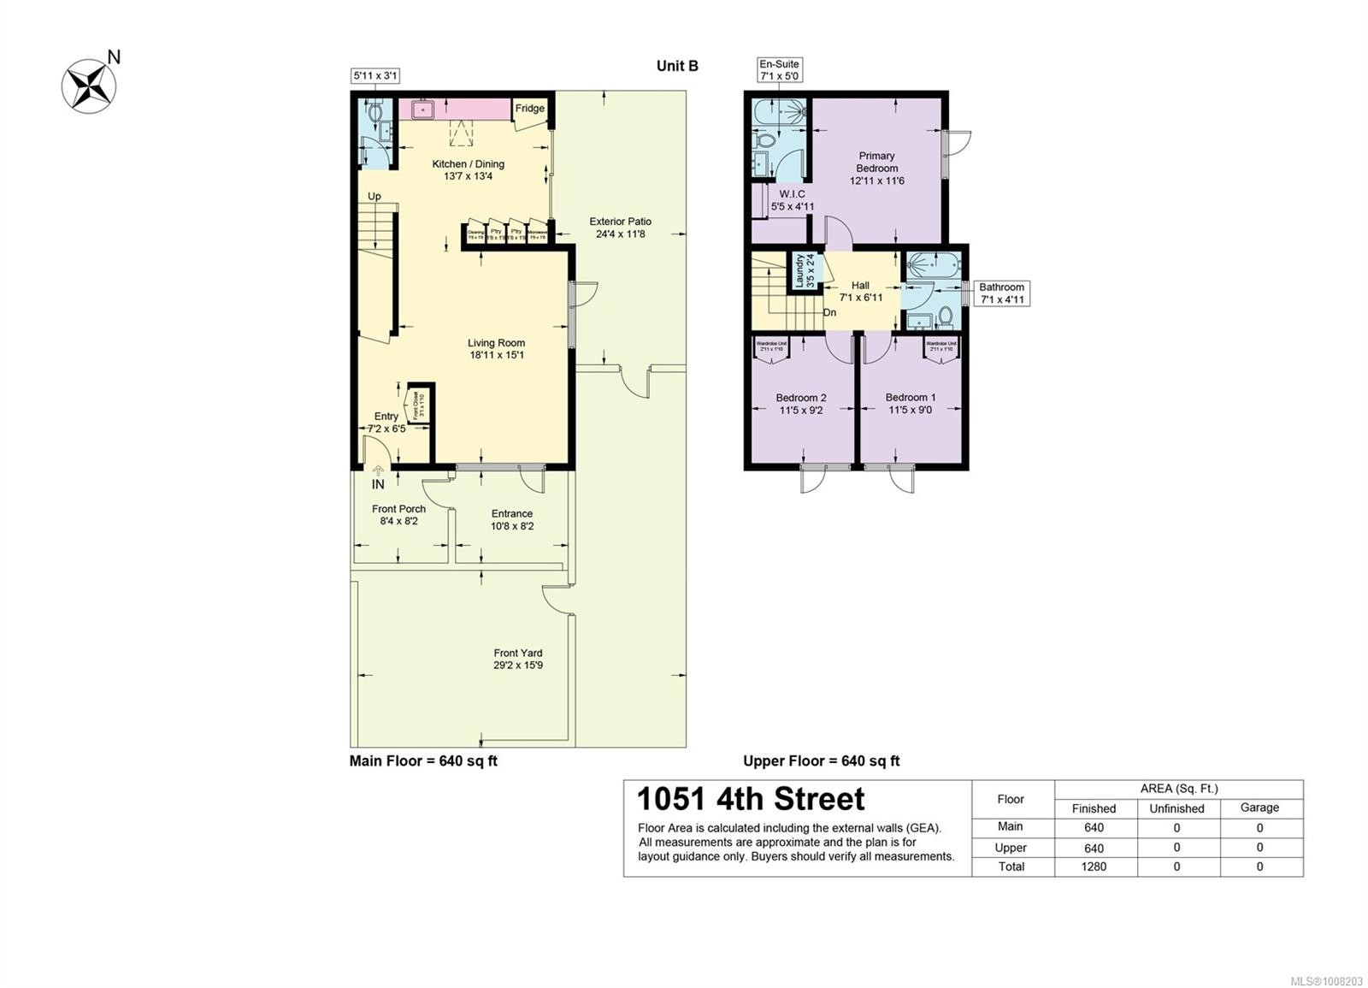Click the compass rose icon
point(90,85)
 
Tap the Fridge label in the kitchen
point(529,109)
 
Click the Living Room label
point(496,349)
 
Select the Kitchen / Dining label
point(468,169)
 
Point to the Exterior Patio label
point(620,228)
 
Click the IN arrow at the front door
point(378,470)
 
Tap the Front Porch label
point(398,514)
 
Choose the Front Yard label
point(517,659)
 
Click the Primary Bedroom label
point(876,168)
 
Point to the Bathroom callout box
point(1001,293)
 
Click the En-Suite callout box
point(779,69)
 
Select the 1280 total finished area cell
point(1094,867)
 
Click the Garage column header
point(1259,808)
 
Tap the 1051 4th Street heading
point(751,799)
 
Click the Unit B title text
point(677,66)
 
